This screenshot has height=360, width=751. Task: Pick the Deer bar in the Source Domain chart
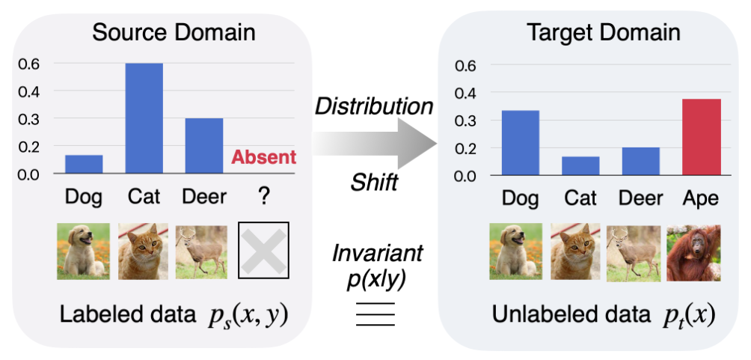[x=204, y=146]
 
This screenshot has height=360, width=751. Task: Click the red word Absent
[x=264, y=157]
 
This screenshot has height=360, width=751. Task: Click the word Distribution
[x=374, y=106]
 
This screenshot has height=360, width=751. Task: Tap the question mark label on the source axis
[x=263, y=197]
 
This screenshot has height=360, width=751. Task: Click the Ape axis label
[x=700, y=198]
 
